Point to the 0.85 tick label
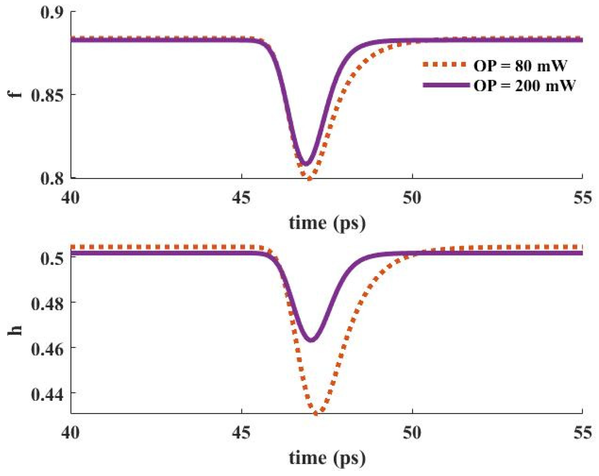(47, 95)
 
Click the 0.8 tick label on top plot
(52, 178)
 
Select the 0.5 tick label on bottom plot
(52, 258)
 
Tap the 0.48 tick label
(47, 304)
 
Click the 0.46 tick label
(47, 349)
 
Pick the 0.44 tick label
(47, 394)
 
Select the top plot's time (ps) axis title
(327, 224)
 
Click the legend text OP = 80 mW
(520, 66)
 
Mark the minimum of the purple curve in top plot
(305, 164)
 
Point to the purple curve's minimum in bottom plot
(311, 340)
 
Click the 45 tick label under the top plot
(241, 198)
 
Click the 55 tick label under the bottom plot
(583, 432)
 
